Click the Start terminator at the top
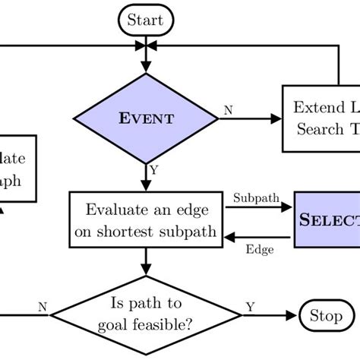point(146,20)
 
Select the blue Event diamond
point(144,118)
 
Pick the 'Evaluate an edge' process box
point(144,219)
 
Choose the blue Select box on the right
point(327,219)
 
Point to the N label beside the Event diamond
point(228,110)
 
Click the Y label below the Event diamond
point(154,171)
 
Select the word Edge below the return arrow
point(258,248)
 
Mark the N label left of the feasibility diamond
point(43,307)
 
